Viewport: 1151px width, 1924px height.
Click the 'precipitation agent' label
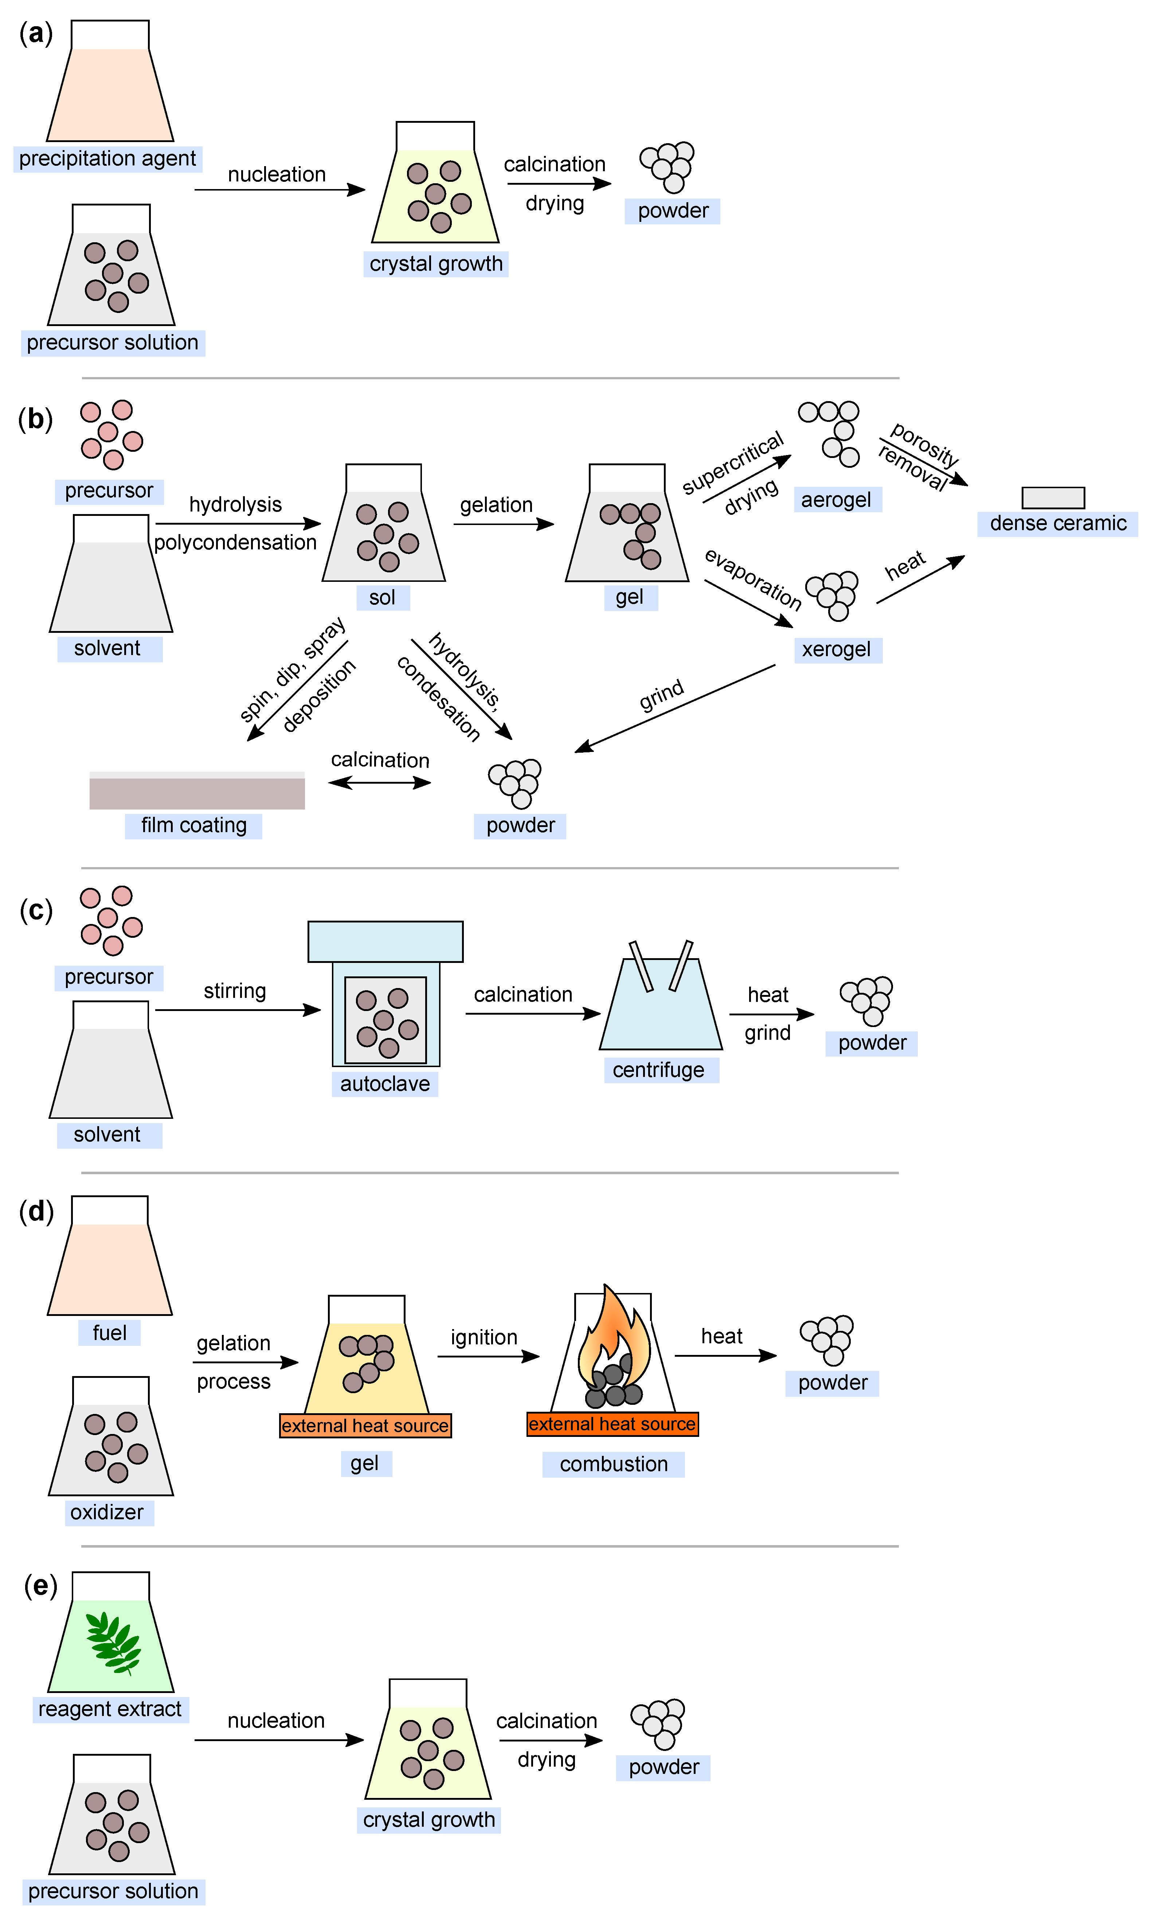[x=108, y=159]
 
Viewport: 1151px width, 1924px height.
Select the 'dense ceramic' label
[x=1058, y=524]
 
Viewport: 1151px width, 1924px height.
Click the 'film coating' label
[x=194, y=826]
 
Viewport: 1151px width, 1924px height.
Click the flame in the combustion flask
[x=614, y=1336]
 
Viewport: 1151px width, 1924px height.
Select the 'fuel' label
[x=109, y=1333]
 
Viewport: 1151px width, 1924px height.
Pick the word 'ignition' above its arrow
[x=484, y=1338]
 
